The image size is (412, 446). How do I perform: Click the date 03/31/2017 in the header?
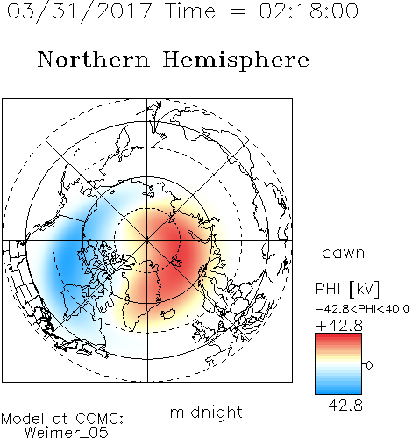[80, 11]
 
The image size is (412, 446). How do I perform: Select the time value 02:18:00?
[309, 11]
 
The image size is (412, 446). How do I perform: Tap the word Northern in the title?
[94, 59]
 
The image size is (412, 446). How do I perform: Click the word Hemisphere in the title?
[236, 61]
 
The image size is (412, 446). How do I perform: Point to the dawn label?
[344, 252]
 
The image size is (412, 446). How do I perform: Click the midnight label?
[206, 412]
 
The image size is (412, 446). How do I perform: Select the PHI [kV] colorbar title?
[347, 289]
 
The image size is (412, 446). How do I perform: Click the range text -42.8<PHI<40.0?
[363, 309]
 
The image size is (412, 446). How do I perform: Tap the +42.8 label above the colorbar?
[339, 326]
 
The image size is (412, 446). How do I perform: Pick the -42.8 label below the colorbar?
[339, 406]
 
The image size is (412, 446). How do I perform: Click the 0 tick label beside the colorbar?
[369, 365]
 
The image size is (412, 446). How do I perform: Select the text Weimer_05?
[66, 433]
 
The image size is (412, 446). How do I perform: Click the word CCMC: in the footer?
[100, 419]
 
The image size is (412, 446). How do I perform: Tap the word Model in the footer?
[24, 419]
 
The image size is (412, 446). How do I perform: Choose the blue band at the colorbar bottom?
[338, 389]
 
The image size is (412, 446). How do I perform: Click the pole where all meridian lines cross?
[147, 241]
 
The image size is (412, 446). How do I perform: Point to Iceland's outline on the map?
[168, 313]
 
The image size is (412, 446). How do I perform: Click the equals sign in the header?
[238, 11]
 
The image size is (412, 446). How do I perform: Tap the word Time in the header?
[190, 11]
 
